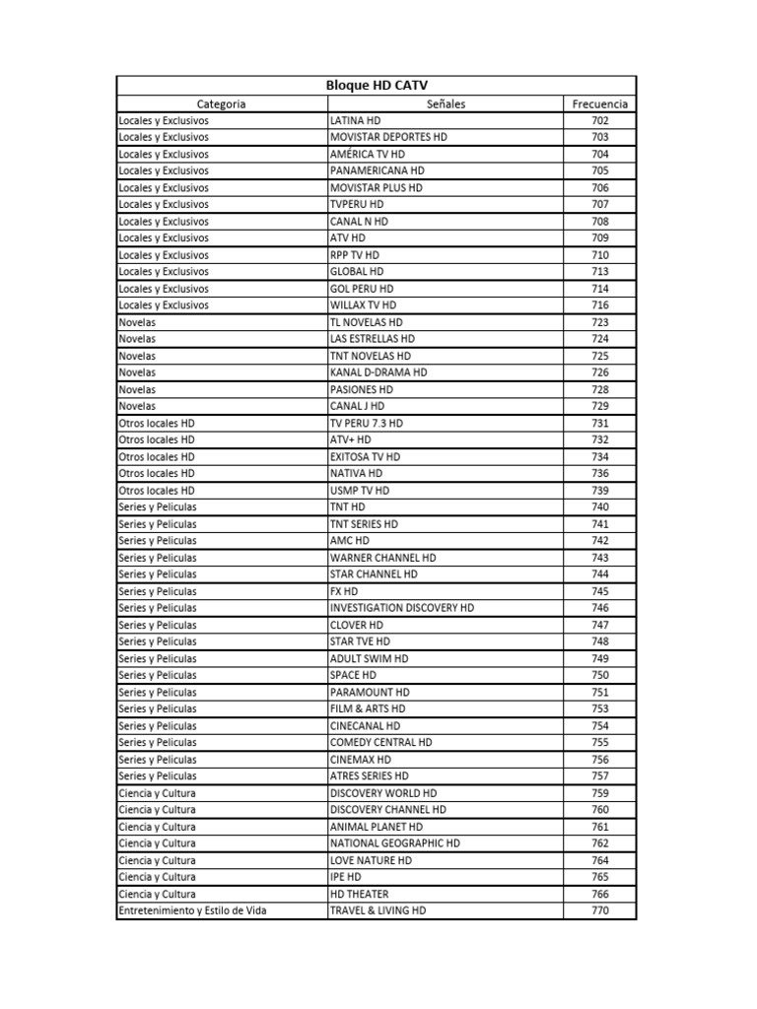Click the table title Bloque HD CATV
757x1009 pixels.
377,86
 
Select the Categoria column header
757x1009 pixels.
221,103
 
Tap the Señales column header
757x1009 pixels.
446,103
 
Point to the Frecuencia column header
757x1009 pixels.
599,103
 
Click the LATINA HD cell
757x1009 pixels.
355,120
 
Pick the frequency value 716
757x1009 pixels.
599,305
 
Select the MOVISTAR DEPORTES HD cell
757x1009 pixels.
387,137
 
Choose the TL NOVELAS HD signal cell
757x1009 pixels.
366,322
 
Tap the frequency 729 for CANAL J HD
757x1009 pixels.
599,406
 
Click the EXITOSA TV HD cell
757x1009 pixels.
365,457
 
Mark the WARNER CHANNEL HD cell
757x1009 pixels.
382,558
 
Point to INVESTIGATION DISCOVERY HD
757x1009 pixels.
401,608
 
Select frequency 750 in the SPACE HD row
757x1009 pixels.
599,675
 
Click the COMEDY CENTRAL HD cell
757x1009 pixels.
380,742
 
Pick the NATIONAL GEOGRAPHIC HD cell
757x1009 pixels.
394,843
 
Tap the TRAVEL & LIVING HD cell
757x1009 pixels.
378,910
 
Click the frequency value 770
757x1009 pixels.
599,910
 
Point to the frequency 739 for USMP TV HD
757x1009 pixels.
599,490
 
